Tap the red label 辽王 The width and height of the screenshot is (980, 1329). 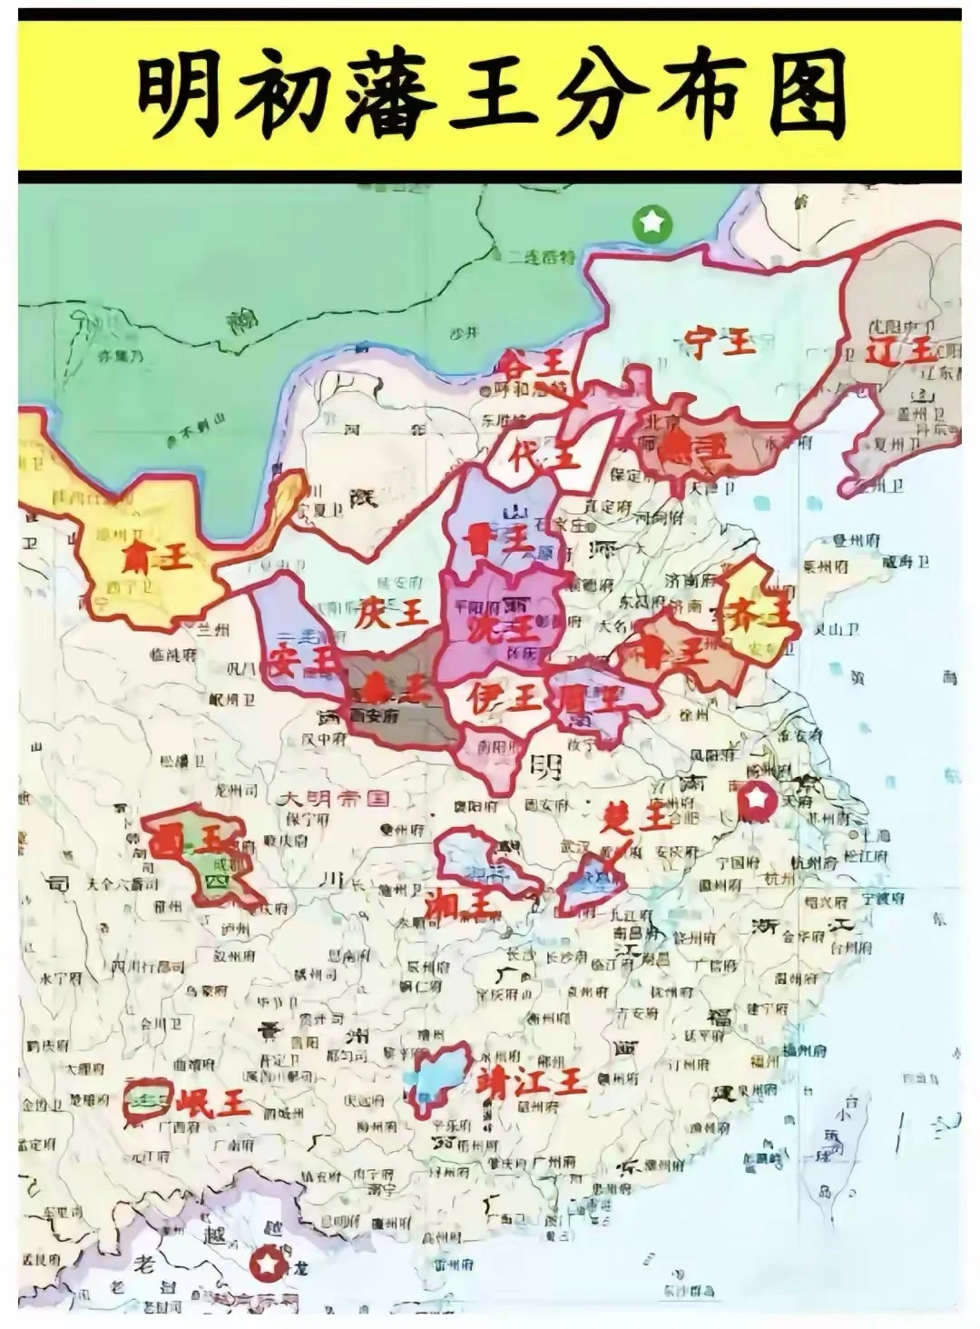coord(901,350)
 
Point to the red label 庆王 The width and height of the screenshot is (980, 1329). coord(391,613)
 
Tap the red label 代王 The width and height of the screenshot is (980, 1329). coord(544,454)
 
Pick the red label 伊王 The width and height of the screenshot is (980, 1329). coord(504,697)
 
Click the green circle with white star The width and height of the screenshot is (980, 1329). coord(652,221)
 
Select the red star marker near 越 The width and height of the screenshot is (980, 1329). coord(267,1261)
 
